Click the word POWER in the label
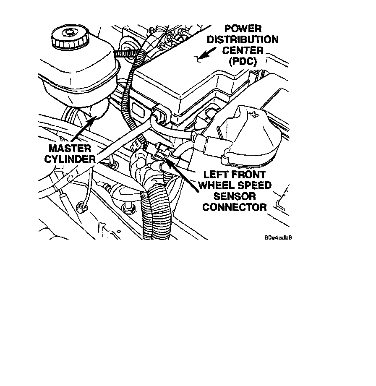tap(243, 29)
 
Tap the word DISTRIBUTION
tap(243, 40)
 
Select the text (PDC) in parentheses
tap(243, 61)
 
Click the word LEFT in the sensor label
tap(218, 175)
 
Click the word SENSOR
tap(235, 196)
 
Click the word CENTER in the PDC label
tap(243, 51)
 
